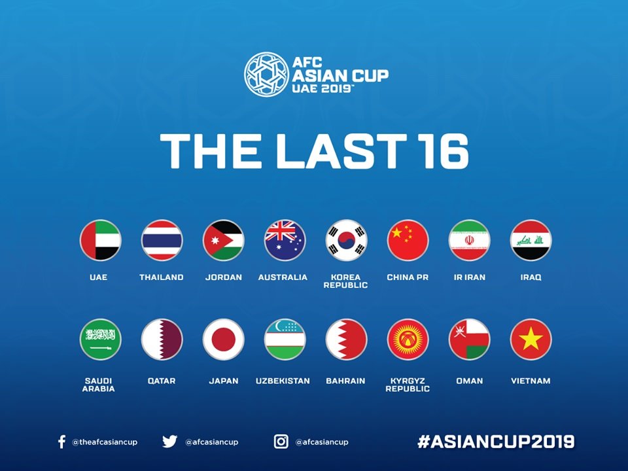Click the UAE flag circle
[100, 240]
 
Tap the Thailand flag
[162, 240]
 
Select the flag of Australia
[285, 240]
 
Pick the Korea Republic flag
[346, 240]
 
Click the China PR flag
[408, 240]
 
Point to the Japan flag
[223, 340]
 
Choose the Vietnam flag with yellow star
[531, 340]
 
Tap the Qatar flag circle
[162, 340]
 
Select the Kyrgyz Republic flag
[408, 340]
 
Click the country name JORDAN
[223, 277]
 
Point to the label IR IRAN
[469, 277]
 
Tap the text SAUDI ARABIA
[99, 385]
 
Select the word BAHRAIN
[345, 381]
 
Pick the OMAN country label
[469, 381]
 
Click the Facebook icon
[61, 442]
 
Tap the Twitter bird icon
[169, 442]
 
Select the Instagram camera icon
[281, 442]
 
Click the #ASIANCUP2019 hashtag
[496, 442]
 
